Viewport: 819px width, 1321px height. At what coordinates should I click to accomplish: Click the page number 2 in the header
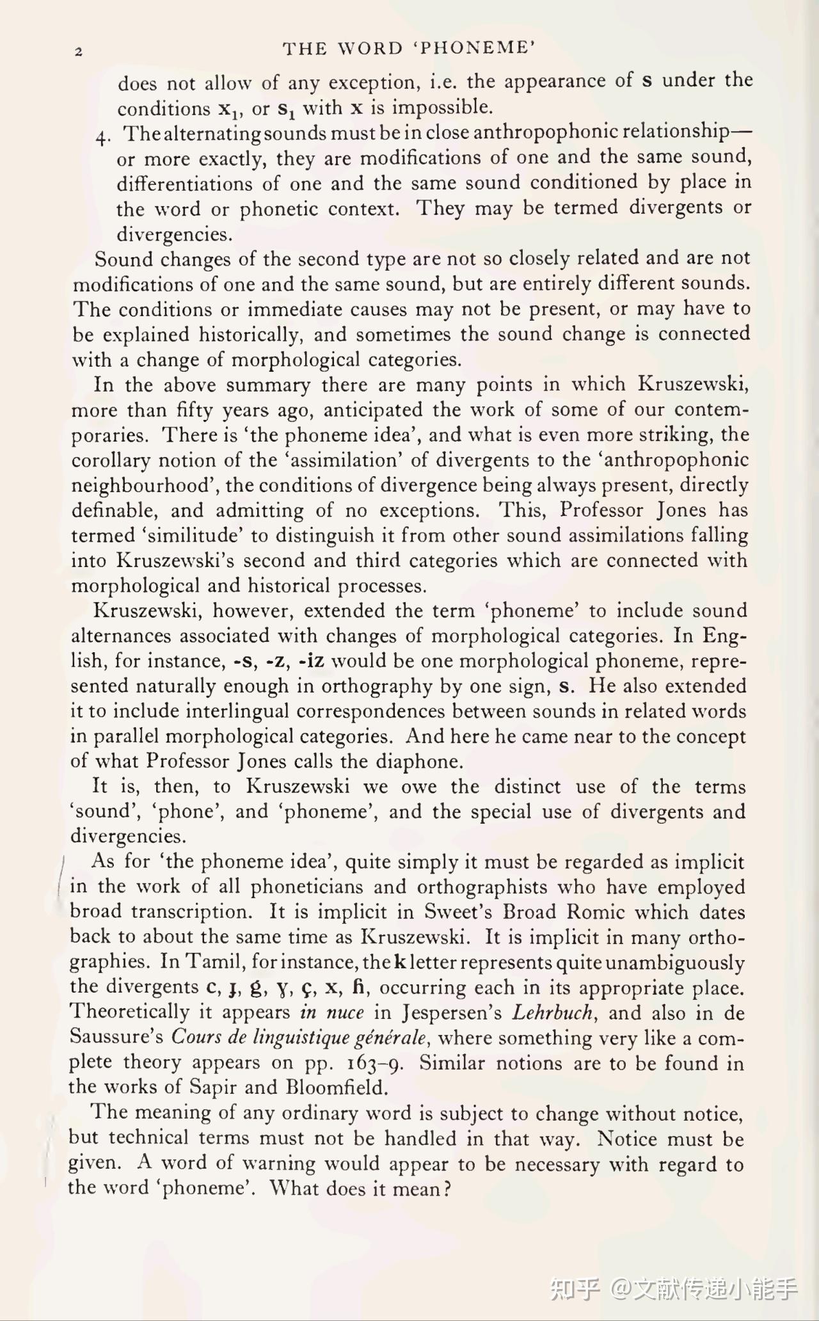tap(78, 52)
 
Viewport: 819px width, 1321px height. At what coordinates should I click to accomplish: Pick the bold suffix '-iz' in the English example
tap(312, 660)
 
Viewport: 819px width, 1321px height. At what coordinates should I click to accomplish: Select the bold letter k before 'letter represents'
tap(401, 962)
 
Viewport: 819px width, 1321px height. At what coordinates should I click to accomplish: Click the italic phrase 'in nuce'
tap(331, 1013)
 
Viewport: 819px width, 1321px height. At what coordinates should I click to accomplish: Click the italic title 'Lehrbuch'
tap(553, 1013)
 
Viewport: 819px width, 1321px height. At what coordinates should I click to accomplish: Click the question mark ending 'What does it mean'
tap(447, 1189)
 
